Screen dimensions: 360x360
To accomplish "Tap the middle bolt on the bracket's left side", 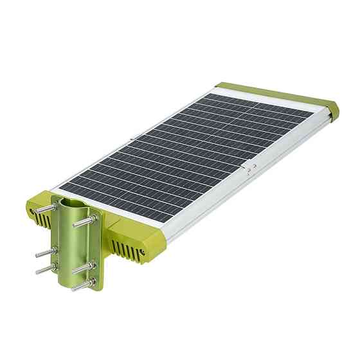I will [x=42, y=252].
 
